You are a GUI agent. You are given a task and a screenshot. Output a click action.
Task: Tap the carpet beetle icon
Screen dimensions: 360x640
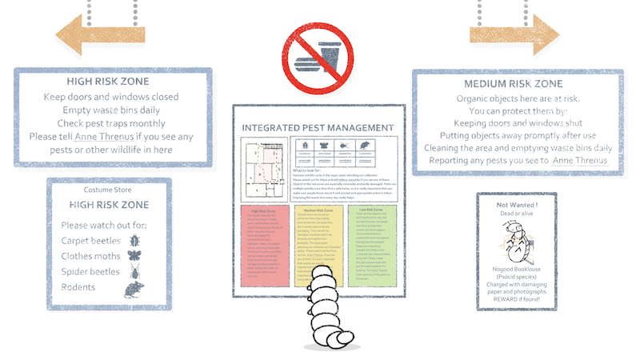(134, 218)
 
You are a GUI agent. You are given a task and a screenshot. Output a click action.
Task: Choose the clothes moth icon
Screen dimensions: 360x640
(134, 235)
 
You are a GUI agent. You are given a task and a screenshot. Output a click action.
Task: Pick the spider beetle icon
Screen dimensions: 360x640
(134, 253)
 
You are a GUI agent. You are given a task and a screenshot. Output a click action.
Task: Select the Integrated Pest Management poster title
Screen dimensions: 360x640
(318, 128)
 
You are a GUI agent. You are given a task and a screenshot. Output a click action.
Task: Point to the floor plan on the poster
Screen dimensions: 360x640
(263, 166)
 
